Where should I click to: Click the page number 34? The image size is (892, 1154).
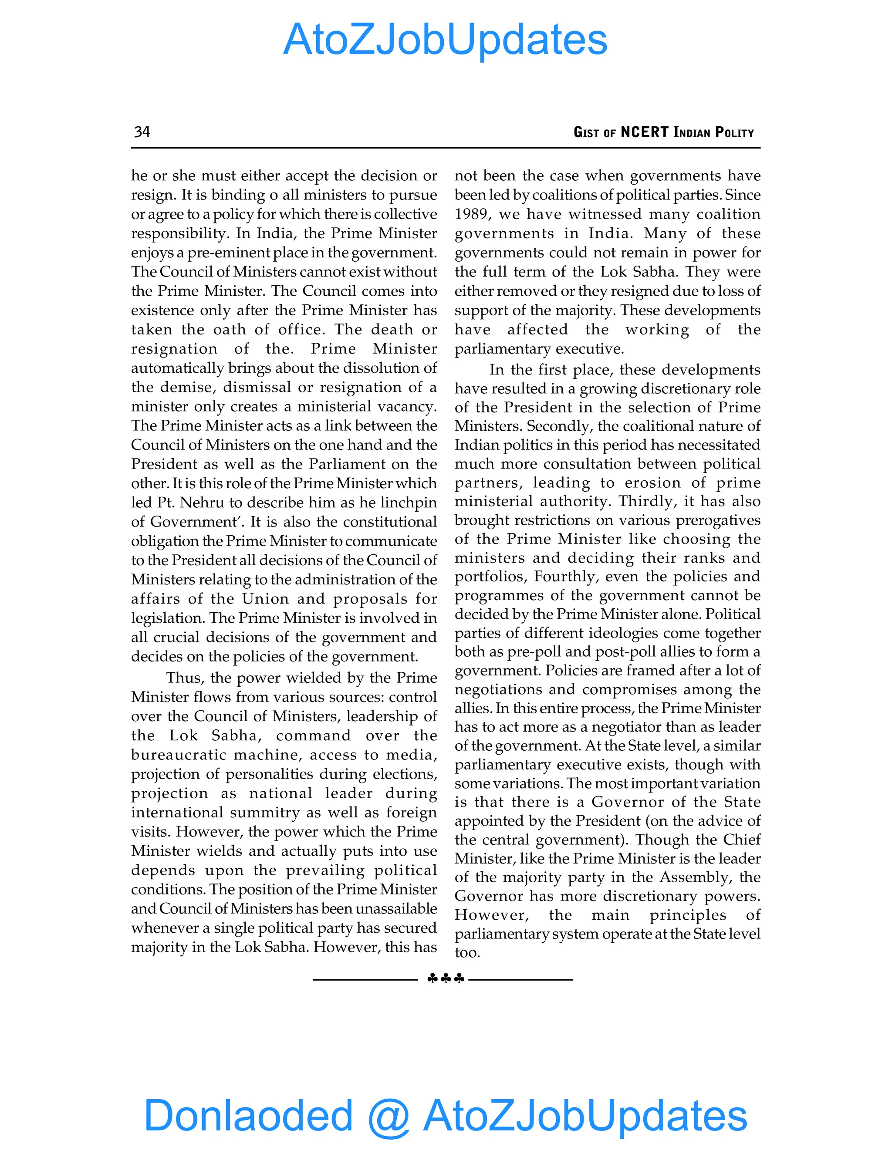point(142,132)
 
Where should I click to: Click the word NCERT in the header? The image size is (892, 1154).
point(644,132)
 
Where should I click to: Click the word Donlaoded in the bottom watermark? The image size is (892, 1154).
point(248,1115)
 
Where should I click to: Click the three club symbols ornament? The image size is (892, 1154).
point(446,979)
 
